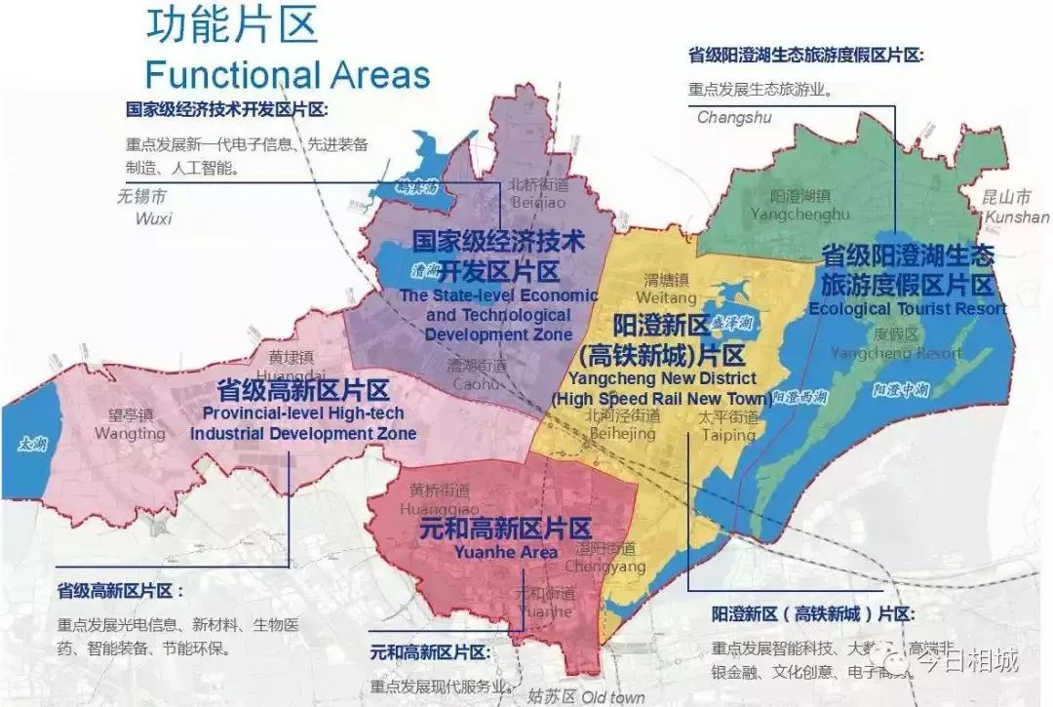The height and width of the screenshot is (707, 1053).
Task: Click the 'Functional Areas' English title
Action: coord(287,74)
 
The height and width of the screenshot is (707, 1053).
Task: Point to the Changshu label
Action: coord(733,118)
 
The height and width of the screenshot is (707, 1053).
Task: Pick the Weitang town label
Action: coord(666,296)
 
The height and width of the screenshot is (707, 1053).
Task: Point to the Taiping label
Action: coord(727,435)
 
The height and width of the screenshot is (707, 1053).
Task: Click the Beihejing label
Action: coord(620,433)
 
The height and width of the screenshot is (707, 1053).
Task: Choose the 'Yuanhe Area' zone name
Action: coord(506,552)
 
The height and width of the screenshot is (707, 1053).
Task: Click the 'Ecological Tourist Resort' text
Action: coord(907,309)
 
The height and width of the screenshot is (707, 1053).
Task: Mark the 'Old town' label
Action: coord(613,696)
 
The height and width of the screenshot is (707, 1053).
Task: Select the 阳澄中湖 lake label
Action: coord(894,390)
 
